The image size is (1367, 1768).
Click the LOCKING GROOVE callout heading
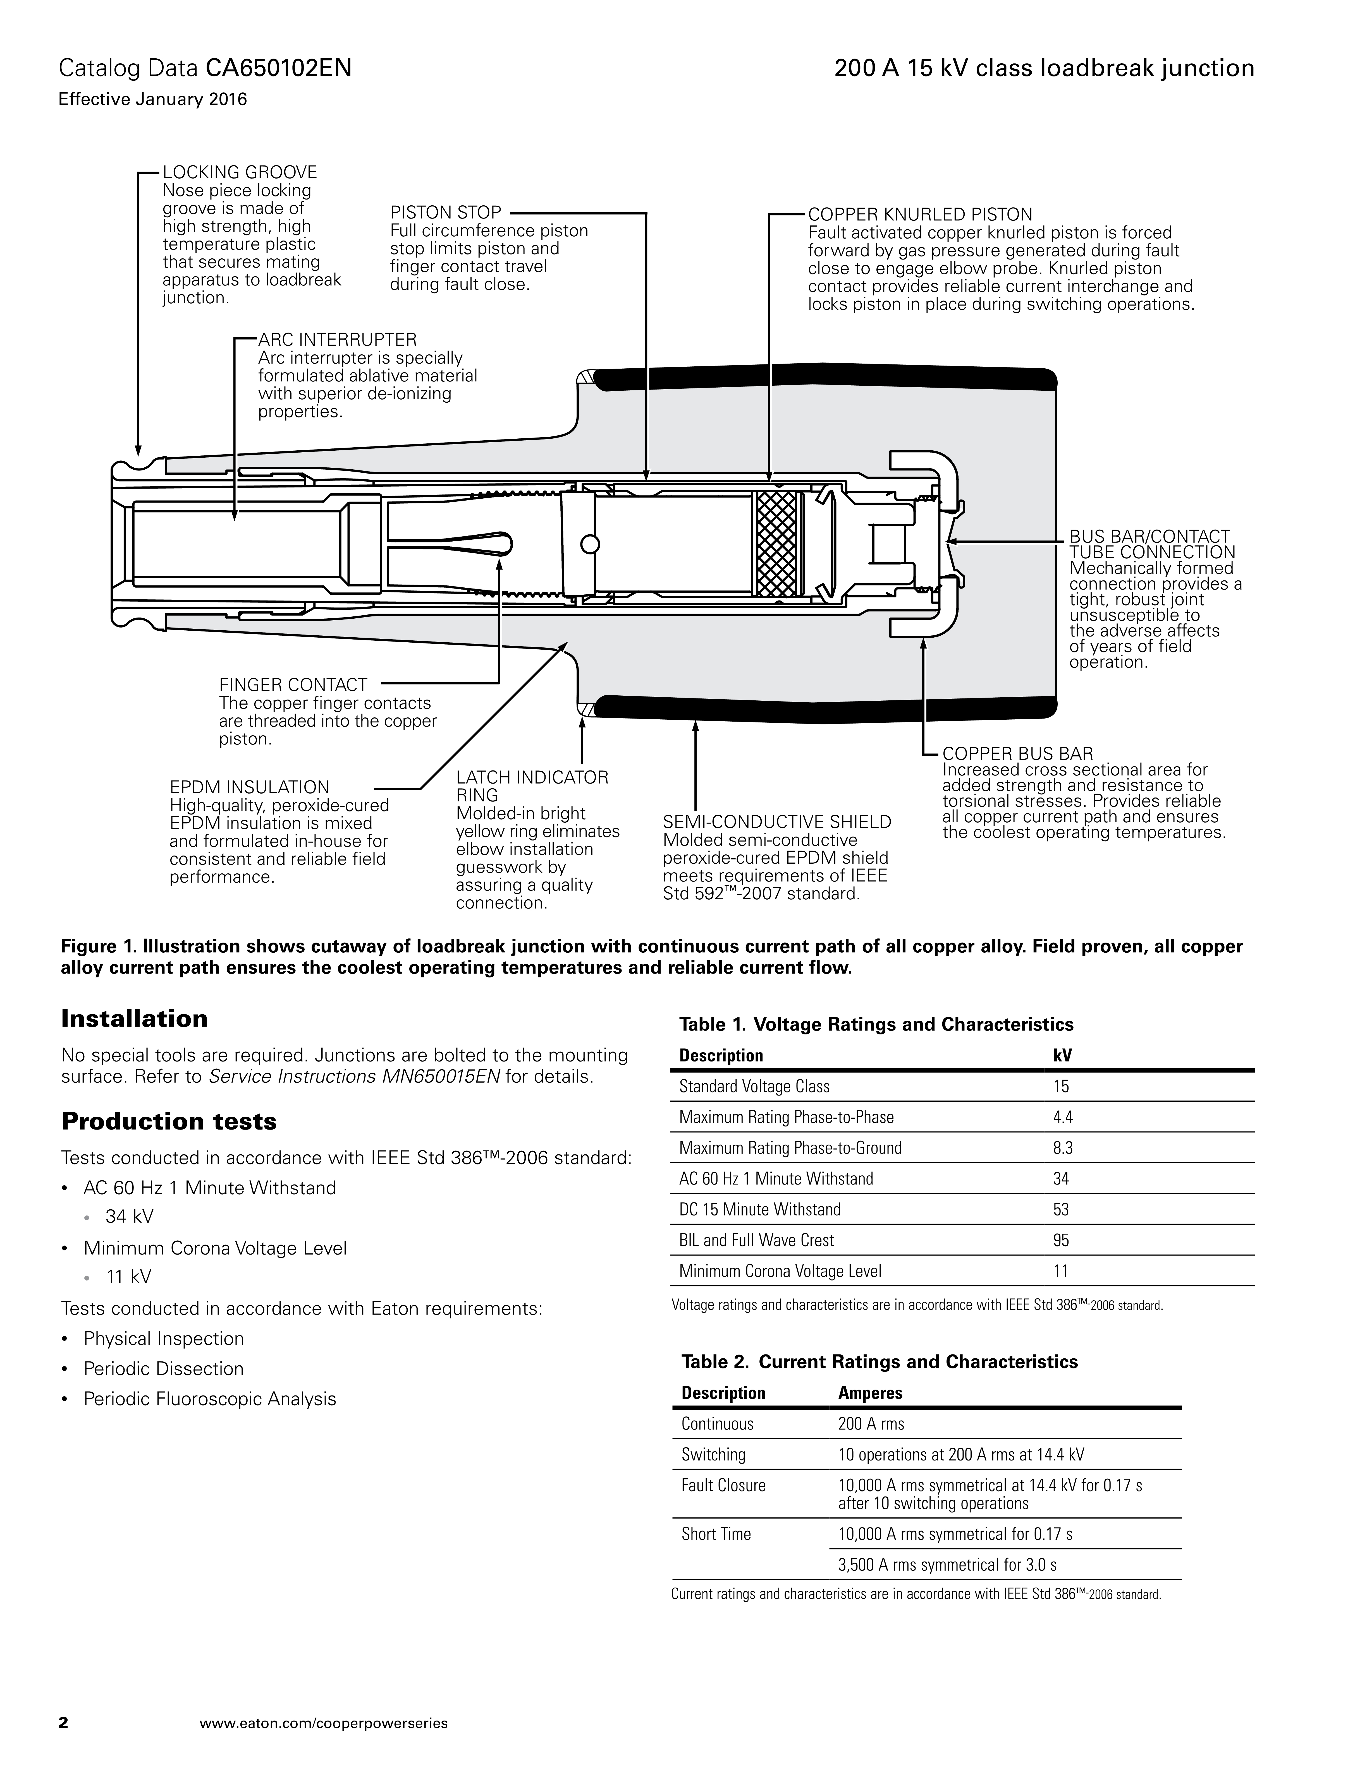(240, 172)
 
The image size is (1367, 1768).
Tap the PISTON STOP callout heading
(445, 213)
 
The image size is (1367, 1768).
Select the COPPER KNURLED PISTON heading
(920, 215)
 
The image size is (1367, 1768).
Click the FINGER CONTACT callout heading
(293, 685)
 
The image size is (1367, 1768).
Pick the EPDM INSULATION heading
(249, 787)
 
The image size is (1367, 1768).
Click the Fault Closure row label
(723, 1486)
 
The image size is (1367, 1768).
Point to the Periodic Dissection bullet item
(164, 1369)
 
